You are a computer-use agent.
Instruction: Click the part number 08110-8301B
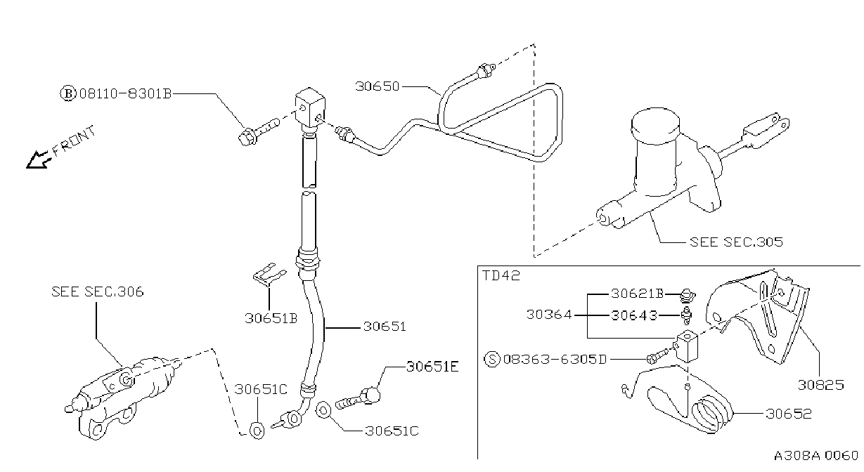125,93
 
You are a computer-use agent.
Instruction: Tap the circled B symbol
68,93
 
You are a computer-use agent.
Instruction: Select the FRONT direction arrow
39,159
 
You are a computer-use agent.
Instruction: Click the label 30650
378,86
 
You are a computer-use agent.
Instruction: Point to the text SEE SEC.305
736,242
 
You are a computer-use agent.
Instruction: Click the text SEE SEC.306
98,291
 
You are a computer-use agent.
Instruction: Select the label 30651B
271,319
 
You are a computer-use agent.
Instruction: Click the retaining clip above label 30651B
269,275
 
